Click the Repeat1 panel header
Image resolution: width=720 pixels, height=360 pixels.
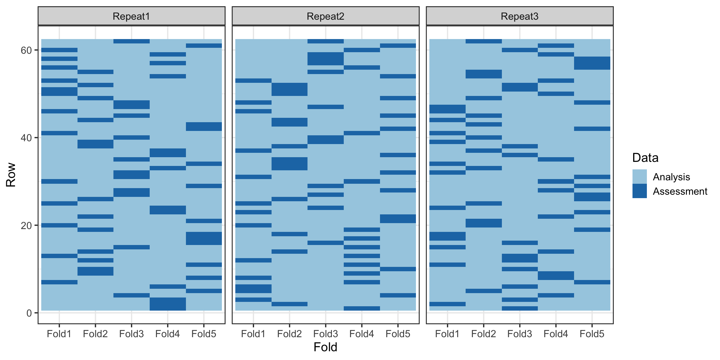coord(131,16)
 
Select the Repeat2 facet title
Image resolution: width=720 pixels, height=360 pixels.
coord(325,16)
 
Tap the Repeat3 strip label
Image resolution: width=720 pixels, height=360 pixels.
coord(520,16)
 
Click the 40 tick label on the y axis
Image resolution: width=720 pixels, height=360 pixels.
coord(26,138)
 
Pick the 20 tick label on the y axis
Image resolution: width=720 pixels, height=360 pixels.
coord(26,225)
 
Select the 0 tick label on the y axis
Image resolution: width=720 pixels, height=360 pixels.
coord(29,313)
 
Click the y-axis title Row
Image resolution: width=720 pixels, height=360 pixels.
coord(11,175)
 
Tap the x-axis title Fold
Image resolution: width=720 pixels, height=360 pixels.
coord(325,347)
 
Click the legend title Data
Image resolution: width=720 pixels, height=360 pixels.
coord(645,157)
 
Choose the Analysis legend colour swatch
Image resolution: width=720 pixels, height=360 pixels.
coord(640,177)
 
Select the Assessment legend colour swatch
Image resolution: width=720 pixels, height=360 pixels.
coord(640,191)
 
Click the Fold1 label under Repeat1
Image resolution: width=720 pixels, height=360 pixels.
coord(59,334)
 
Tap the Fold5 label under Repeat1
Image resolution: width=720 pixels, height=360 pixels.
coord(204,334)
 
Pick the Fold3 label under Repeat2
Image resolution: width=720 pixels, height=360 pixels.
coord(326,334)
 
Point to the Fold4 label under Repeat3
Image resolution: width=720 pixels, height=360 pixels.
coord(556,334)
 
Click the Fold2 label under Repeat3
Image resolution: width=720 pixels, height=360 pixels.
coord(483,334)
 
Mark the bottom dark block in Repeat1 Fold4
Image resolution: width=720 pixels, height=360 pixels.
coord(168,304)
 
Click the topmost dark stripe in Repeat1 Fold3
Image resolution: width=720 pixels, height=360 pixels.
coord(132,41)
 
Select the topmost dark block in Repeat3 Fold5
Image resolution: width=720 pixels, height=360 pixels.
coord(592,63)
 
